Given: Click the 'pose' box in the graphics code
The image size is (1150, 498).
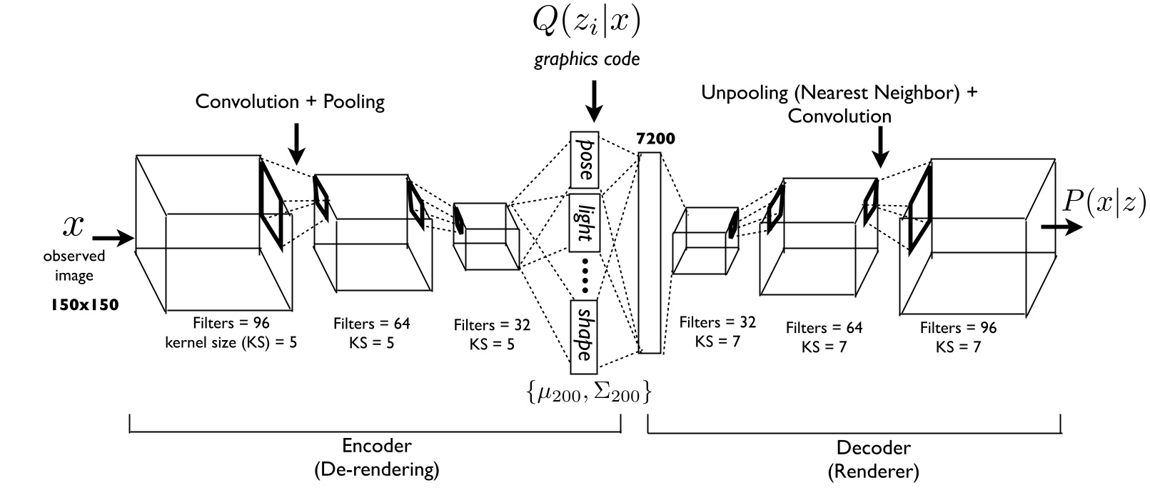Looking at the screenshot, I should click(x=584, y=159).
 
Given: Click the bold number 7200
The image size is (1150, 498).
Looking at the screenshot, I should click(x=655, y=139).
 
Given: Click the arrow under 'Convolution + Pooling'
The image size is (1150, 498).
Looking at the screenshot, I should click(x=298, y=146).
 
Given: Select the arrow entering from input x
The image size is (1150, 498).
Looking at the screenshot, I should click(x=112, y=237).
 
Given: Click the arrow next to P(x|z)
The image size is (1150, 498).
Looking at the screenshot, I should click(x=1062, y=227).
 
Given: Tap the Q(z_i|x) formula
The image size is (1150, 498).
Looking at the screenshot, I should click(x=586, y=22).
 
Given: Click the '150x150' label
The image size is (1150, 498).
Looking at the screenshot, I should click(x=84, y=305).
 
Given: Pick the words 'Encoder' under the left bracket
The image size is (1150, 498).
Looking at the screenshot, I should click(x=376, y=446).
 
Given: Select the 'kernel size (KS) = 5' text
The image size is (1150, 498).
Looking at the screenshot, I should click(x=231, y=342).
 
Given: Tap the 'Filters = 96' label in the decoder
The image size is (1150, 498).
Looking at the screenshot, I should click(x=957, y=328).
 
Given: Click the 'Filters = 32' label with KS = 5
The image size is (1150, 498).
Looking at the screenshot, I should click(x=492, y=325).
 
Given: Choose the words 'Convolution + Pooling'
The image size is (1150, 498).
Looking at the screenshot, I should click(x=290, y=101).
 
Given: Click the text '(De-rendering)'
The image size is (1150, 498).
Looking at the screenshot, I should click(x=376, y=470).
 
